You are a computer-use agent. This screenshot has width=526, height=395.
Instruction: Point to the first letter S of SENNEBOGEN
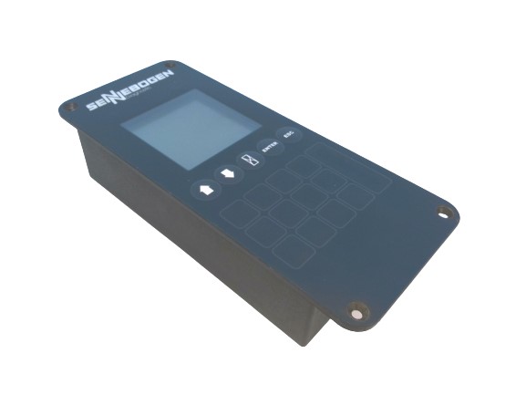(x=91, y=107)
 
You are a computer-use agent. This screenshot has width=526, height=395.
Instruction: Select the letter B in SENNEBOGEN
(x=137, y=89)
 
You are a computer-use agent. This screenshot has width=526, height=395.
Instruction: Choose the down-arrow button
(x=225, y=173)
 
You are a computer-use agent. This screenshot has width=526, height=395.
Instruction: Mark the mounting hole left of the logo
(x=70, y=107)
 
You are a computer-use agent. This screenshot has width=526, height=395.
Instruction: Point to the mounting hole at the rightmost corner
(x=444, y=212)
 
